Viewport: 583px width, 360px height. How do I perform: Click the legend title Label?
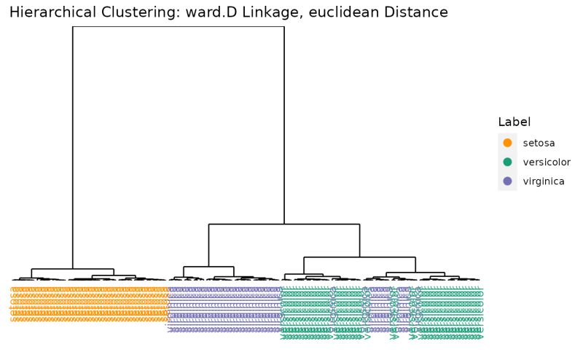click(514, 122)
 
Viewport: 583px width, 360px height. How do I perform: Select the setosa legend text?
click(539, 143)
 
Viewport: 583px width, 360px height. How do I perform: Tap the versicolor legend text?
click(547, 162)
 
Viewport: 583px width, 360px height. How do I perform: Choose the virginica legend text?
click(544, 181)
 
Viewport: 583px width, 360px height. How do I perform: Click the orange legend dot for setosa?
click(508, 143)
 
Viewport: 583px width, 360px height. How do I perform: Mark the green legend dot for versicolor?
click(508, 162)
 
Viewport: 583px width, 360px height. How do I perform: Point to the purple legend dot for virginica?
click(508, 181)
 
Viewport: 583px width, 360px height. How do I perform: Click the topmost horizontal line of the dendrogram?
click(179, 27)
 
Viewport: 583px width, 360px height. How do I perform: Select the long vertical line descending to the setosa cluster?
click(73, 146)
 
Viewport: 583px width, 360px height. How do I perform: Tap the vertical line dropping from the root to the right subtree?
click(284, 124)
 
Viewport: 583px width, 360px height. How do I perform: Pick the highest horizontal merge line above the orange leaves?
click(73, 269)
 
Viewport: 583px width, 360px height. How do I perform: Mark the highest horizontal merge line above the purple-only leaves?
click(209, 267)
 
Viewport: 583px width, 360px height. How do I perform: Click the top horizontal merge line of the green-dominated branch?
click(359, 257)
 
